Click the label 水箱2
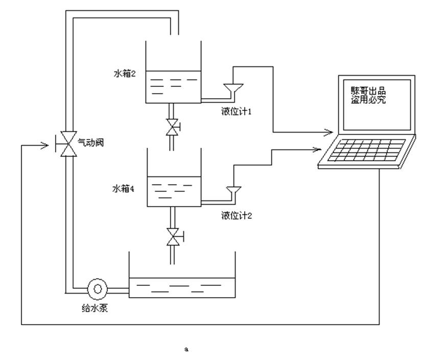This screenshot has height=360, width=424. click(x=124, y=74)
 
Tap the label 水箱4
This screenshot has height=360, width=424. click(x=123, y=189)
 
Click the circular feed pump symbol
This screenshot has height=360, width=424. click(x=97, y=289)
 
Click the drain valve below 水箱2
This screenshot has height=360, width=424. click(x=172, y=127)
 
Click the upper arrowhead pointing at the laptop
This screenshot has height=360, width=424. click(x=329, y=133)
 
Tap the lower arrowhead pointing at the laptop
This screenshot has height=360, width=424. click(x=317, y=150)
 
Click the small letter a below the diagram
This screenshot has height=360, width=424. click(x=186, y=349)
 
